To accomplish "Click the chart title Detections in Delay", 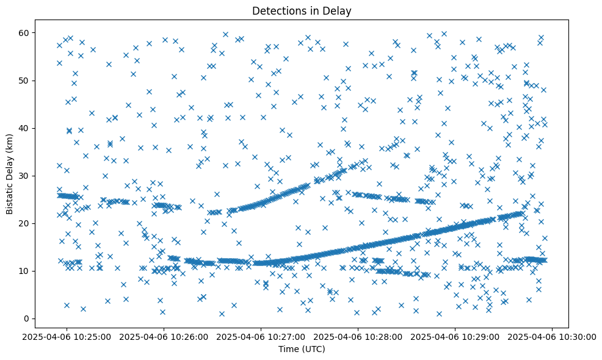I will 302,10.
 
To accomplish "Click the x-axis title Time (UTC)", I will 302,350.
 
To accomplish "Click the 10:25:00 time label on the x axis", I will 67,336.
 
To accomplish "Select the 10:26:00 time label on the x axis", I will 164,336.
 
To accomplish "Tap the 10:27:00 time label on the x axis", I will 261,336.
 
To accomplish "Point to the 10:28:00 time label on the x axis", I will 358,336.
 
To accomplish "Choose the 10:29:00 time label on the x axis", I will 455,336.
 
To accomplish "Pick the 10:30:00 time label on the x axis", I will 553,336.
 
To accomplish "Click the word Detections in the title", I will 277,10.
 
